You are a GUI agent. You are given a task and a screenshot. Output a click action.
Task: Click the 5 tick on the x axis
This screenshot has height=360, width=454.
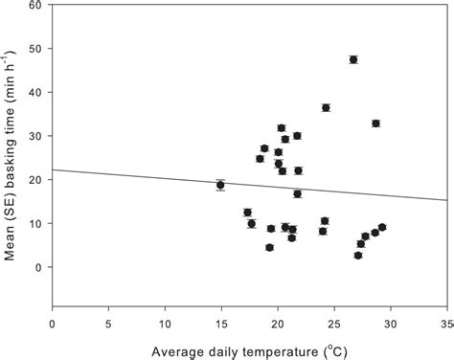coord(108,323)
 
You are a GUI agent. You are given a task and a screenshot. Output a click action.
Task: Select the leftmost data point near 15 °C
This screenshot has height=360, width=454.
coord(220,185)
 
